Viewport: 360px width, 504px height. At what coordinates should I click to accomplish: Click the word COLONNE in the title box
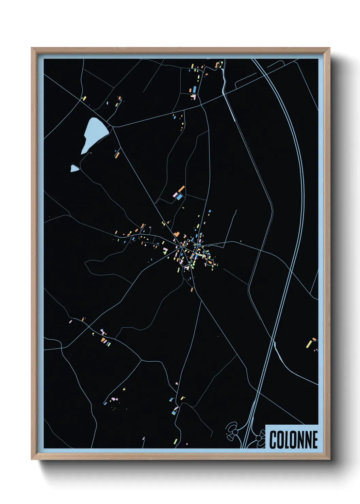point(293,440)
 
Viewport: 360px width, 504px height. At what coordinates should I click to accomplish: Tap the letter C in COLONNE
point(273,440)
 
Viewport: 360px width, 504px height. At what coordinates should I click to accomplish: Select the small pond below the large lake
point(74,168)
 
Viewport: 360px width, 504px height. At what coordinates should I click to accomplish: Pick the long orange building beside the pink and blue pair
point(181,189)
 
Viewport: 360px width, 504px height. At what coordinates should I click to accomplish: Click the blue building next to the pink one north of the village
point(179,197)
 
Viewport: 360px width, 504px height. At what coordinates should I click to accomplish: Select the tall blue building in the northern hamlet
point(194,89)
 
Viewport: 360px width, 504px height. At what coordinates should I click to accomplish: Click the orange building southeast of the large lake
point(117,155)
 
